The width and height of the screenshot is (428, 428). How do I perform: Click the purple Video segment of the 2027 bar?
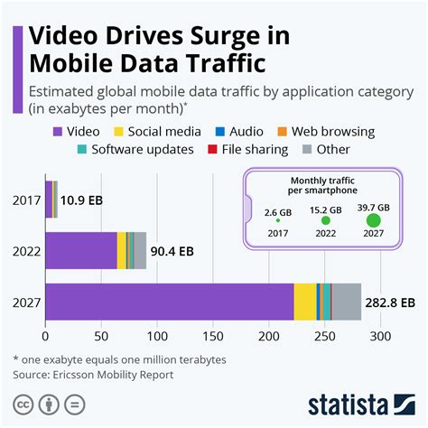coord(169,302)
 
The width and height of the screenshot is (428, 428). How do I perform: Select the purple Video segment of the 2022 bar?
coord(81,250)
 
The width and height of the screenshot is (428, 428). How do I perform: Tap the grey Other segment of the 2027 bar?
coord(346,302)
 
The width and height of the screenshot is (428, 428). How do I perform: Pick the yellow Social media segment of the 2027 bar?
coord(305,302)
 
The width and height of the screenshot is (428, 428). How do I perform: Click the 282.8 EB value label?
coord(390,302)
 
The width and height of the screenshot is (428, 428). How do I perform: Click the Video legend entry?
coord(76,131)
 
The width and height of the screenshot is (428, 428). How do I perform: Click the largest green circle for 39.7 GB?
coord(374,219)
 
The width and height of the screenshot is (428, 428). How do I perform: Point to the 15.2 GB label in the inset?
coord(326,209)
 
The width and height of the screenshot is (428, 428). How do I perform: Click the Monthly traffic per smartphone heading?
coord(322,186)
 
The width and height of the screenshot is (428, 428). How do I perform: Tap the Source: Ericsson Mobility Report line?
coord(95,373)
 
